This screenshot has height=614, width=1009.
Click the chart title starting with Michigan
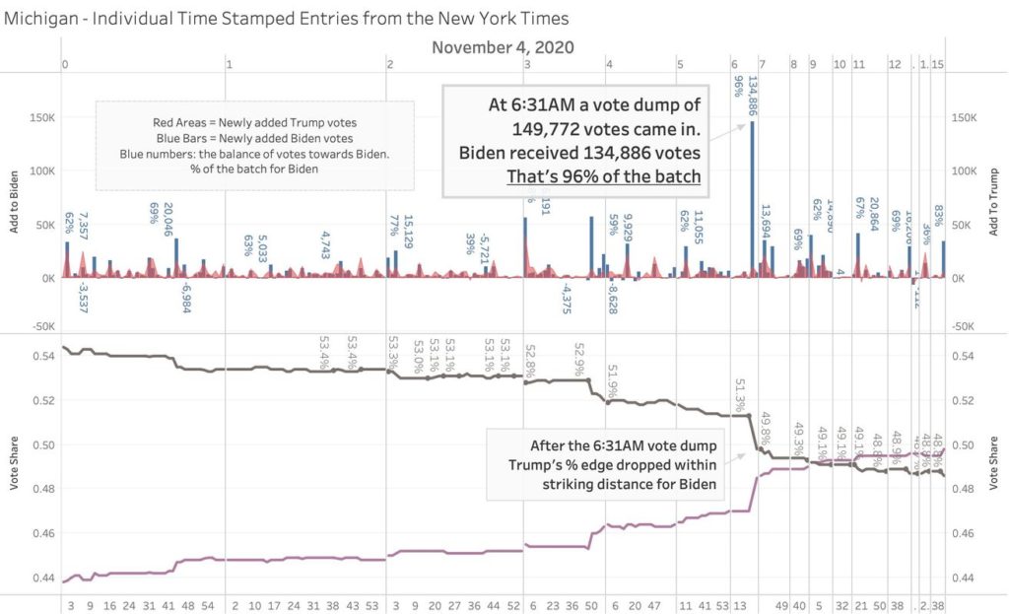pos(286,18)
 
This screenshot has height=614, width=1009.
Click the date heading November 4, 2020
pos(503,47)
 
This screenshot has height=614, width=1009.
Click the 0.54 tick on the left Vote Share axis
pos(44,356)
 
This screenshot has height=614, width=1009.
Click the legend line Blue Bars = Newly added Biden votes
pos(254,138)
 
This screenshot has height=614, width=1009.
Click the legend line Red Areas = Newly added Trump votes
pos(254,122)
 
